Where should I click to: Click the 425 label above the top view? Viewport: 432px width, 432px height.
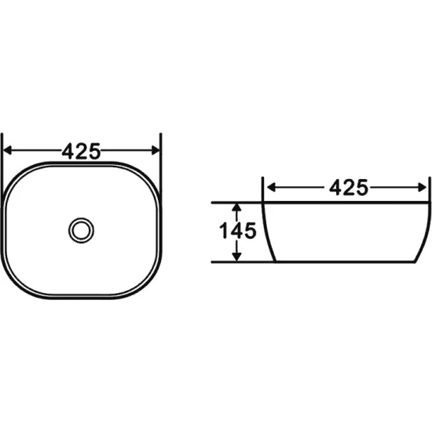click(81, 151)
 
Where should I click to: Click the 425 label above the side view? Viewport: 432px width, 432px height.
click(349, 188)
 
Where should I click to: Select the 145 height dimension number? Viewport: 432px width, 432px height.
click(237, 230)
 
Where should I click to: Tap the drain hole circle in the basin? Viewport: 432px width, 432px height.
click(81, 230)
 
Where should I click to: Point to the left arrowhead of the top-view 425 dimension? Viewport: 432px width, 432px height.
click(7, 151)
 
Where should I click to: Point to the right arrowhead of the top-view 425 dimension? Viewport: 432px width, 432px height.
click(156, 151)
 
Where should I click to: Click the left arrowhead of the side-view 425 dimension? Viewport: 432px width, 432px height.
click(272, 188)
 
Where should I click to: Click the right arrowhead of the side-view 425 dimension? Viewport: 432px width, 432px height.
click(423, 188)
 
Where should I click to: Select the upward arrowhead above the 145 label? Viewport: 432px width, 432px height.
click(236, 207)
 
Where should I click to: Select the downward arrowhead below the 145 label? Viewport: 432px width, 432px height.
click(236, 257)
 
